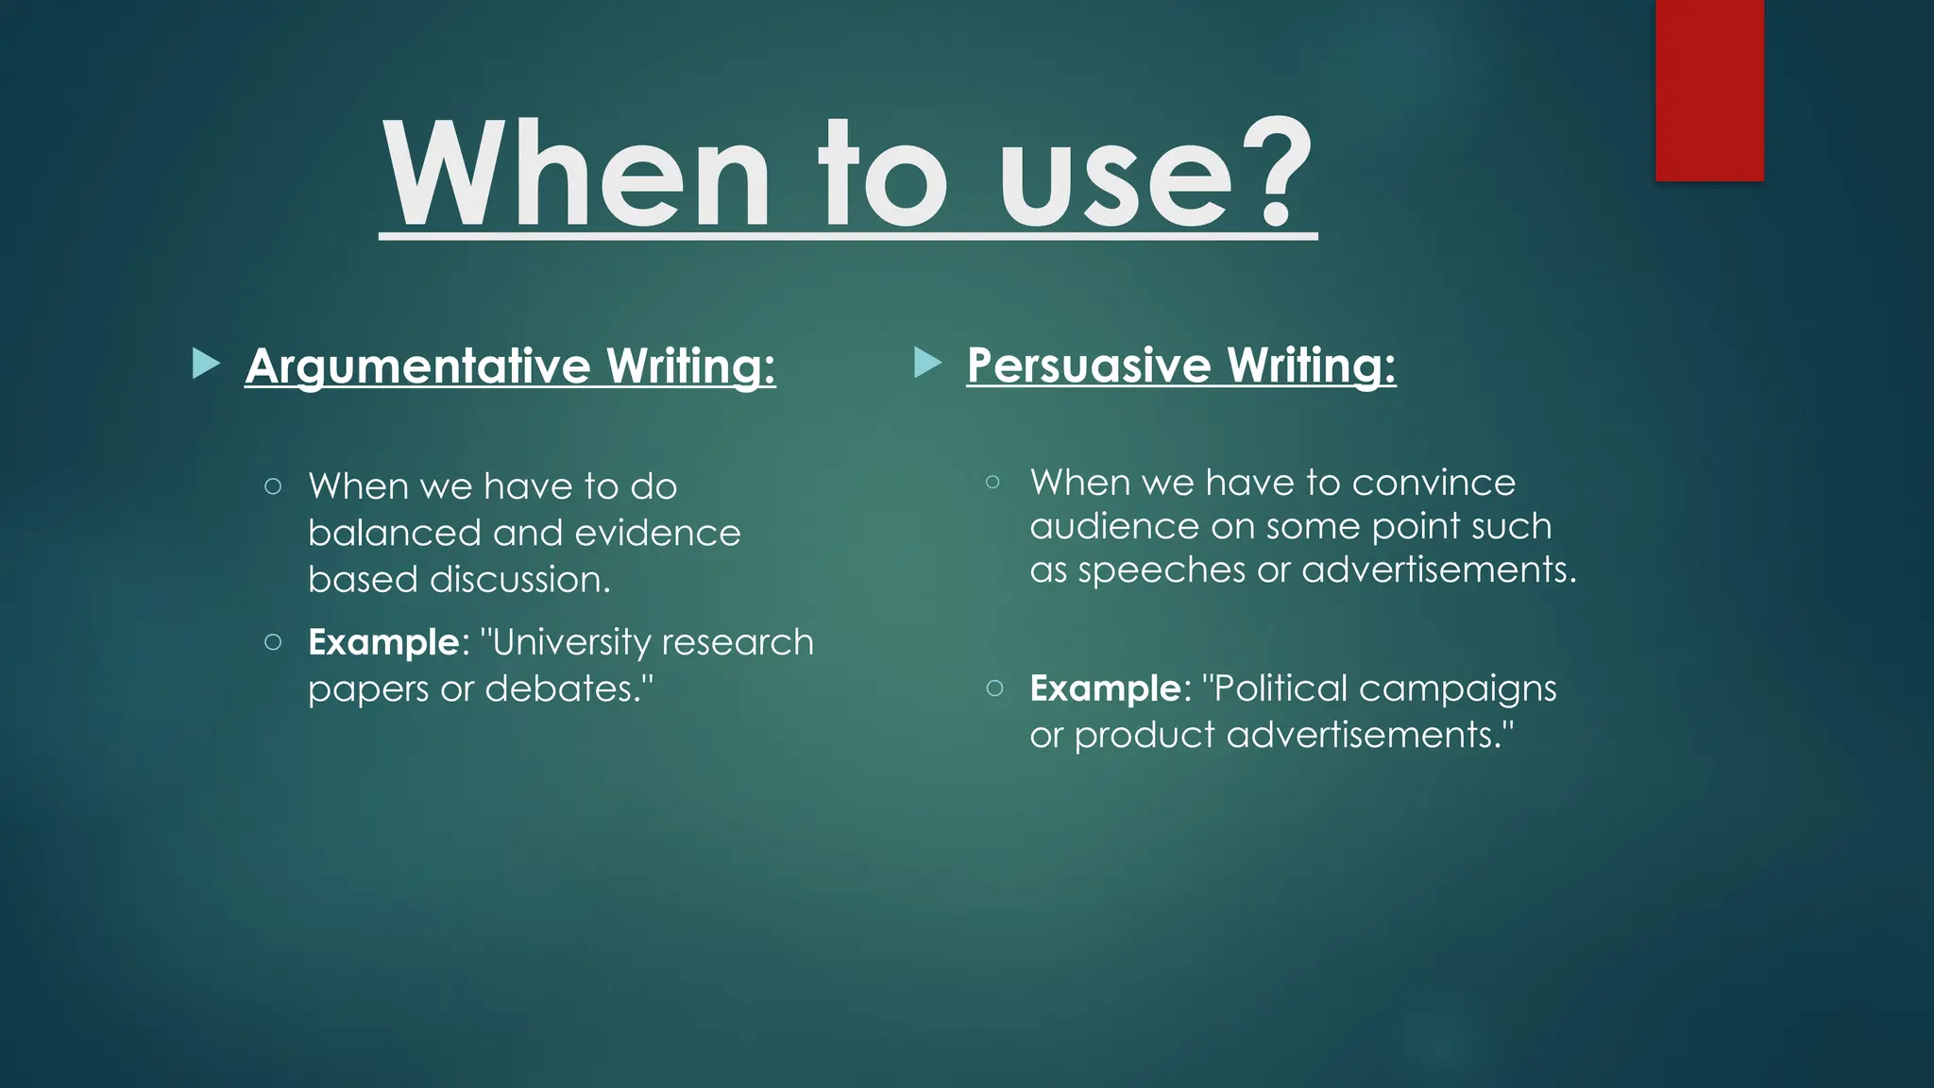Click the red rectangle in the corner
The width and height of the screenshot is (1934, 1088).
pos(1709,90)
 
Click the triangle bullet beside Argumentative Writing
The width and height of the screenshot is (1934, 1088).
pos(205,364)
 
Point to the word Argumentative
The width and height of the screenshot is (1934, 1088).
pos(417,366)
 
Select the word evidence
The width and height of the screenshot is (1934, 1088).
pos(657,534)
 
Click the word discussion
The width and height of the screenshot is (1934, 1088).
pos(519,580)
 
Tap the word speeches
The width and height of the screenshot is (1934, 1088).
pos(1162,570)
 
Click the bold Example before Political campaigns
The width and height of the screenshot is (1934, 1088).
pos(1105,688)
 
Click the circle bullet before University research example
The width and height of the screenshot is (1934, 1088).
pos(273,642)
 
